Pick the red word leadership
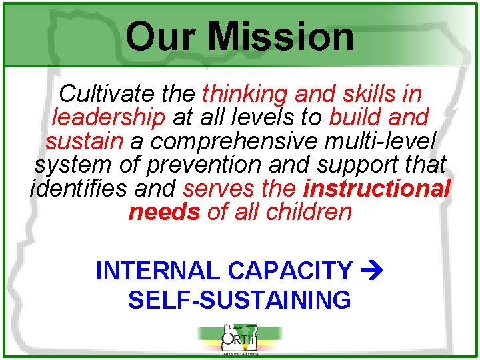[108, 118]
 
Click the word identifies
[79, 188]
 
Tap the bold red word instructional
[377, 188]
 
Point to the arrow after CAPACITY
[370, 271]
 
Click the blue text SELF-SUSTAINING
[239, 300]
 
